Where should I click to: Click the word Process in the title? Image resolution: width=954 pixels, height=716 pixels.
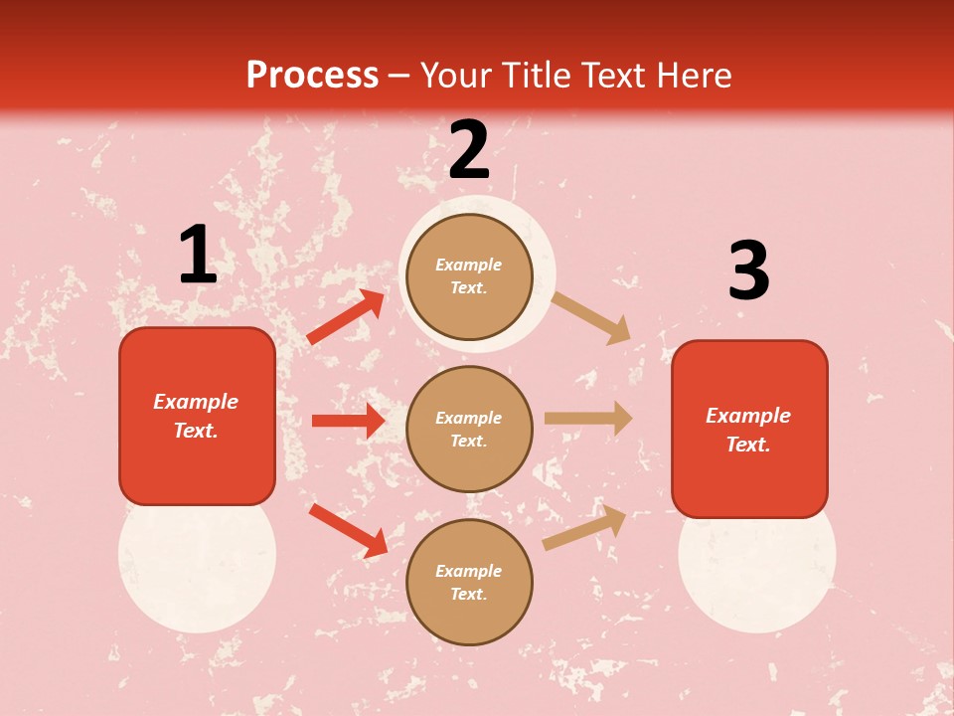[x=312, y=76]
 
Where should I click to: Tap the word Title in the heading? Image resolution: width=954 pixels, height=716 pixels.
[x=537, y=76]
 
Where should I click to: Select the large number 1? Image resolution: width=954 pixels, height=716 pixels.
[x=198, y=256]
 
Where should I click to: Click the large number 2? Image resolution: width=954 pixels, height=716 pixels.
[x=469, y=151]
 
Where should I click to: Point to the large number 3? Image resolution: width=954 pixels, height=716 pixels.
[x=748, y=271]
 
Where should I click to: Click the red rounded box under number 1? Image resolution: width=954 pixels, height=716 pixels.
[x=197, y=416]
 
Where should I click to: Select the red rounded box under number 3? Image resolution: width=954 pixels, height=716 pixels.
[x=749, y=429]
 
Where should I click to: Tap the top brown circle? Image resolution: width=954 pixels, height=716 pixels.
[x=469, y=276]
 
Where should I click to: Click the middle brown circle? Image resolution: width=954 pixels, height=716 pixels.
[x=469, y=429]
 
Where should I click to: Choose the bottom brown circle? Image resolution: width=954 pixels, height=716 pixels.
[x=469, y=582]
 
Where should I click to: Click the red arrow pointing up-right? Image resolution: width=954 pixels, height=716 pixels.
[x=346, y=317]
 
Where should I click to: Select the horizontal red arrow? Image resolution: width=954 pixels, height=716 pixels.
[x=348, y=421]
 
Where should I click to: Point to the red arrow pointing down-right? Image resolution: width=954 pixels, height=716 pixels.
[x=348, y=530]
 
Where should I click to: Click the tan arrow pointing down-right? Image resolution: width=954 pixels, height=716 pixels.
[x=591, y=317]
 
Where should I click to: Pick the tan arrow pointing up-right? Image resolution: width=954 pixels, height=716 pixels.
[x=585, y=527]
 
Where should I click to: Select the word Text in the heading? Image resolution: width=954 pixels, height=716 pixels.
[x=613, y=76]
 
